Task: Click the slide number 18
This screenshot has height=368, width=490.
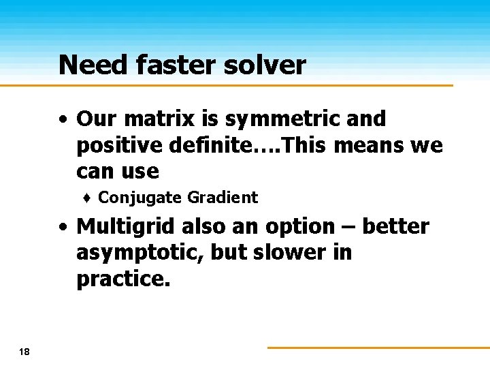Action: coord(25,352)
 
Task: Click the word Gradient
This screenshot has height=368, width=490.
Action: coord(223,198)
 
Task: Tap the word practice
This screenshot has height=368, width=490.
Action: coord(120,279)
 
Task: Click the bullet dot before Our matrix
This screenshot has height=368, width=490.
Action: coord(63,119)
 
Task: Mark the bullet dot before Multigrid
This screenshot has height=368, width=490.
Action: coord(63,226)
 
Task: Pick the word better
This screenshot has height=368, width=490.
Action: coord(395,226)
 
